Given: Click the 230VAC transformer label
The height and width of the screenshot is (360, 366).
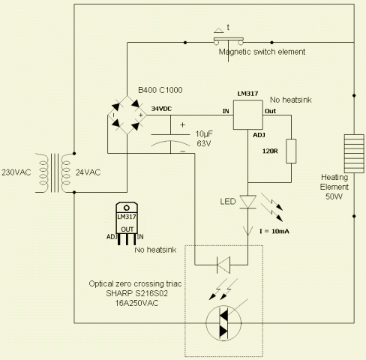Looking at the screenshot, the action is (x=16, y=172).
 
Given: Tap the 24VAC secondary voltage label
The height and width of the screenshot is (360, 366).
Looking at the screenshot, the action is (x=88, y=172).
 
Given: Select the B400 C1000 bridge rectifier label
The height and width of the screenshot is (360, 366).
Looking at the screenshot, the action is (x=160, y=90).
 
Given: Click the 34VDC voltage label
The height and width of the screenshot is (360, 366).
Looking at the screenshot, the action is (x=161, y=109).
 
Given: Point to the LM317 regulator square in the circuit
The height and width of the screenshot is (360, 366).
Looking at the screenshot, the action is (x=248, y=115).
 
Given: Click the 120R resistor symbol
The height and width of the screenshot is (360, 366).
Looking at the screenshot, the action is (x=291, y=151).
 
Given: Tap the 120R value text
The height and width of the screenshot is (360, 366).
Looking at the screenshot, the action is (x=270, y=151).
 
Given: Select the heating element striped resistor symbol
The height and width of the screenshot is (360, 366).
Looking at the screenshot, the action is (x=354, y=154).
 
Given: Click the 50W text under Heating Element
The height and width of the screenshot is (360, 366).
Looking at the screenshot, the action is (x=334, y=196).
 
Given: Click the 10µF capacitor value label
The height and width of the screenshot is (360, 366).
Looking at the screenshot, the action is (x=204, y=134).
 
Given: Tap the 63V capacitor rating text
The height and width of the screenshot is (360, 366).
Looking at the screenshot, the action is (x=204, y=143).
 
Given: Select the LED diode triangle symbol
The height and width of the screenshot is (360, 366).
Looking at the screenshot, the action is (x=248, y=202).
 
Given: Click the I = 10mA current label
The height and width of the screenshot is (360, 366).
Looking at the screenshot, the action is (x=274, y=231).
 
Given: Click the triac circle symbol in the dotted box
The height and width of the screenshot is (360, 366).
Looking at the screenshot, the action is (x=223, y=323).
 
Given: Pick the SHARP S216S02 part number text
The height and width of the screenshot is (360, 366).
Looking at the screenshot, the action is (x=136, y=293).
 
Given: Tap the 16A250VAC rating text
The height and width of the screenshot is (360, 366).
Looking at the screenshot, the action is (x=136, y=303).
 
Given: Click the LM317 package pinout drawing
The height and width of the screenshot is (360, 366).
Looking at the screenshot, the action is (x=127, y=223).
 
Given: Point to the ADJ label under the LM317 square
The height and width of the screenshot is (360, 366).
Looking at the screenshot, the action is (x=259, y=135).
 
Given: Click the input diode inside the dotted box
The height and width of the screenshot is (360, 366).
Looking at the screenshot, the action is (x=223, y=265).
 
